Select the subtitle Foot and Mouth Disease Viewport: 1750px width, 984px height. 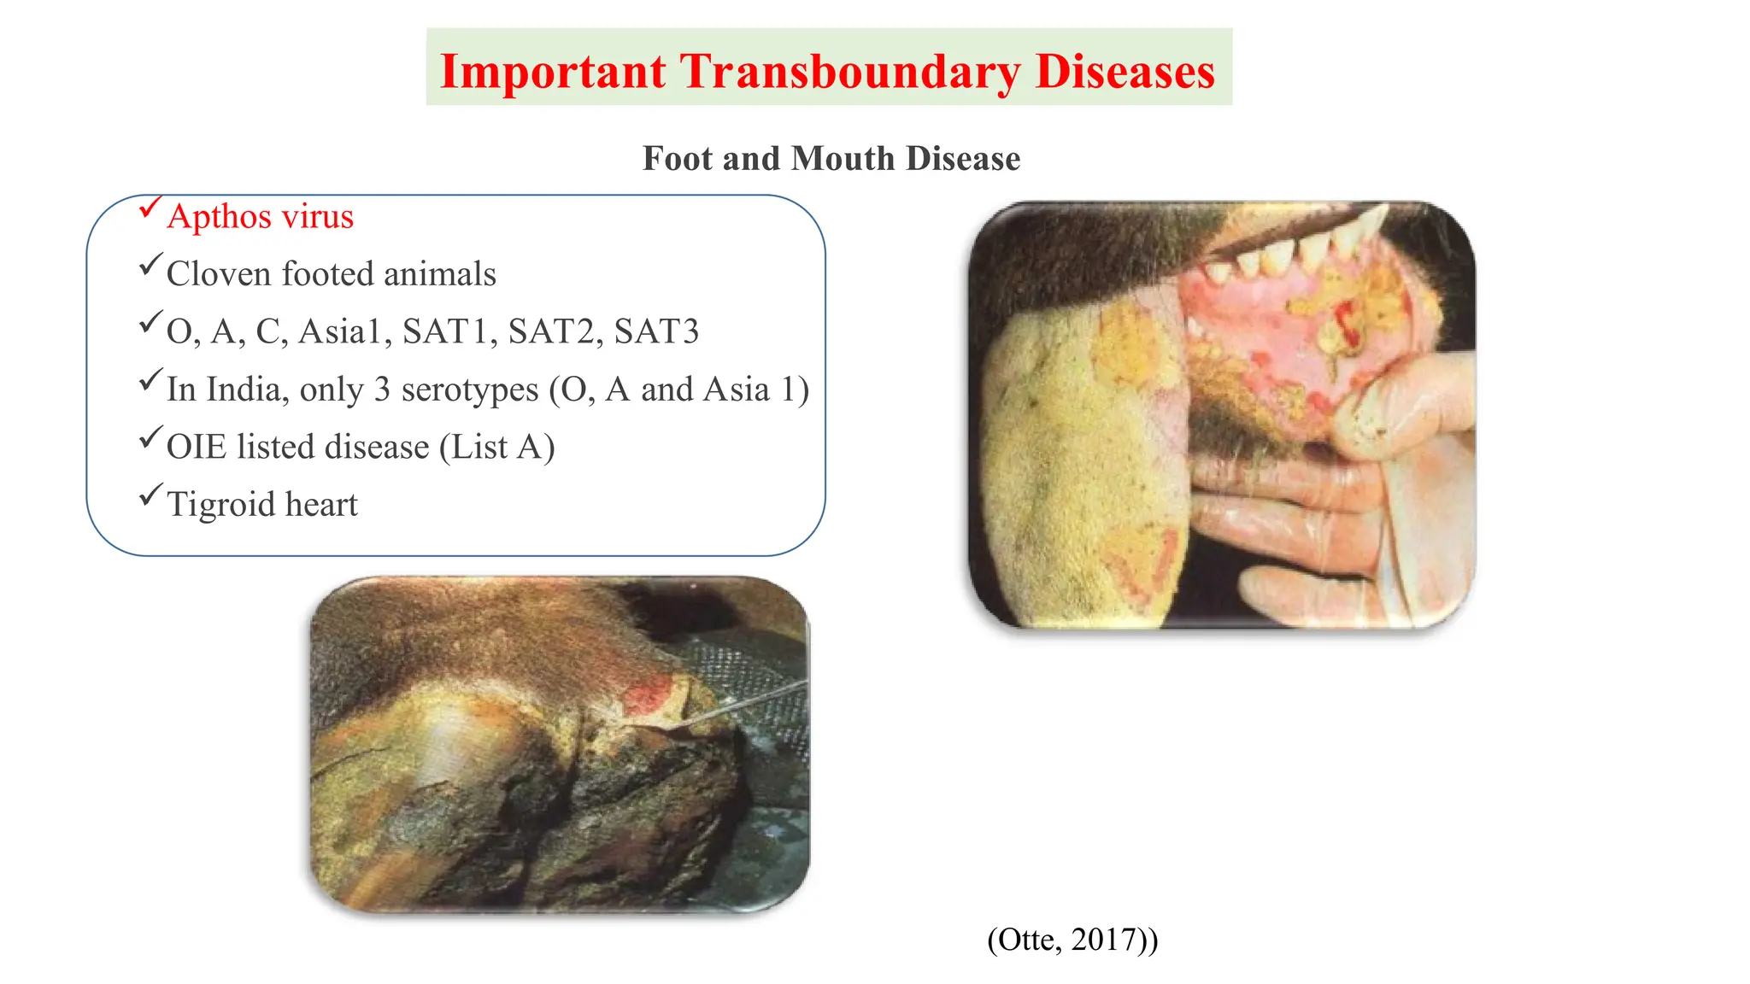pos(831,159)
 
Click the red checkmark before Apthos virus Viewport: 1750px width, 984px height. pos(150,207)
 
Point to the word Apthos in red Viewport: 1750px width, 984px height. pos(220,217)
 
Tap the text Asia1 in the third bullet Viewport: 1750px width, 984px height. pos(340,332)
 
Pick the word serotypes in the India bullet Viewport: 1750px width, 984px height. pos(469,390)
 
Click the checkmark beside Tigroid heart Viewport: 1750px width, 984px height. pos(150,495)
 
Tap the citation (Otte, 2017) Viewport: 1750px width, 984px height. pos(1072,940)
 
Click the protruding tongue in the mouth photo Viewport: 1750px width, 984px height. pos(1085,461)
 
